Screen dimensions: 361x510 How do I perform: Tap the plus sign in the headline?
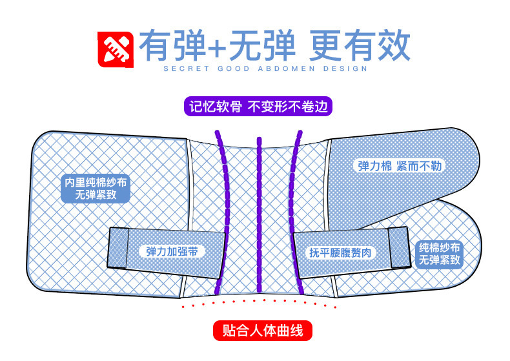219,46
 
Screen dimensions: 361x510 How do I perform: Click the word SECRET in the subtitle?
183,68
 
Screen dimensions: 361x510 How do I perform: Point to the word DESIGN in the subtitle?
345,68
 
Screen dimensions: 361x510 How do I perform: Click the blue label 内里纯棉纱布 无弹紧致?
96,188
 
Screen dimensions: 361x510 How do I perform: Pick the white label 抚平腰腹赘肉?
342,252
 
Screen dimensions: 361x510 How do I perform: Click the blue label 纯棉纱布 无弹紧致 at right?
440,254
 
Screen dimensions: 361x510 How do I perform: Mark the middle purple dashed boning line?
259,213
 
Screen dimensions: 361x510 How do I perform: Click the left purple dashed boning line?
223,213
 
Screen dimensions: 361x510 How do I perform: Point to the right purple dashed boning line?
294,213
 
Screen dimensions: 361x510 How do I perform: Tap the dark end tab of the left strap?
118,247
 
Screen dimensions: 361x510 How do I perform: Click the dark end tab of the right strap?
398,247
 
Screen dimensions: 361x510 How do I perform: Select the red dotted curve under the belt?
258,300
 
